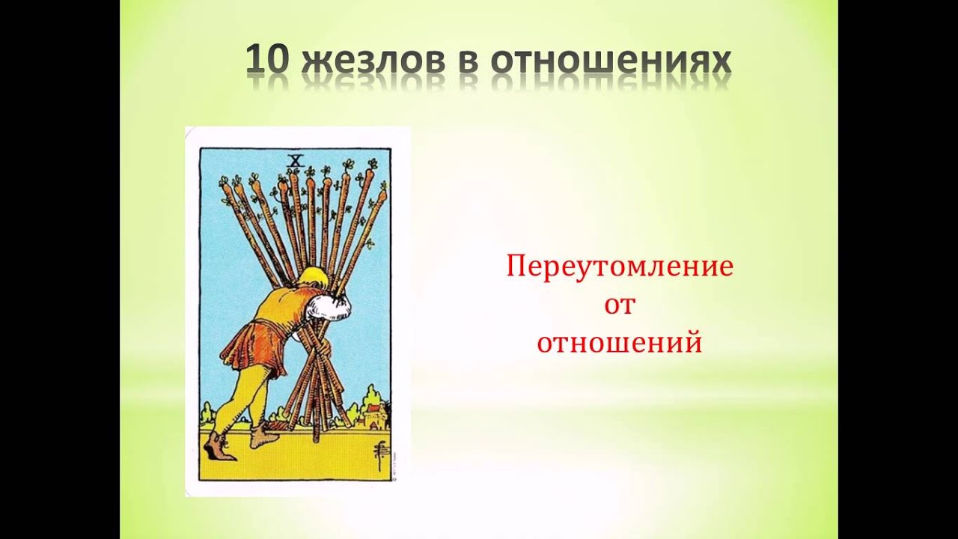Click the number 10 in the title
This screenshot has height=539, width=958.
(266, 61)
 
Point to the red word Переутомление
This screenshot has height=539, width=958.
(620, 267)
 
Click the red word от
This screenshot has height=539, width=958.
(619, 305)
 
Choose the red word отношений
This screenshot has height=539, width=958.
(620, 343)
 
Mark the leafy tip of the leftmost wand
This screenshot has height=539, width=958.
(224, 183)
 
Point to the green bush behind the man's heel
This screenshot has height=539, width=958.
(207, 414)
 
